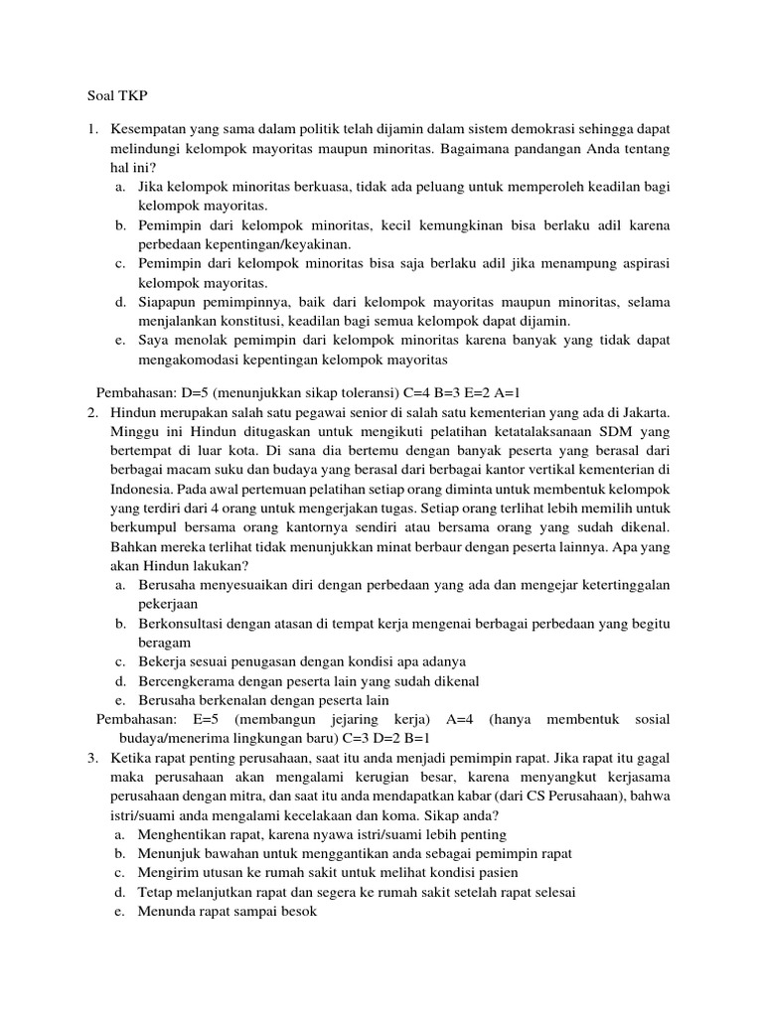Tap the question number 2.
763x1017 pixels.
(90, 411)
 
